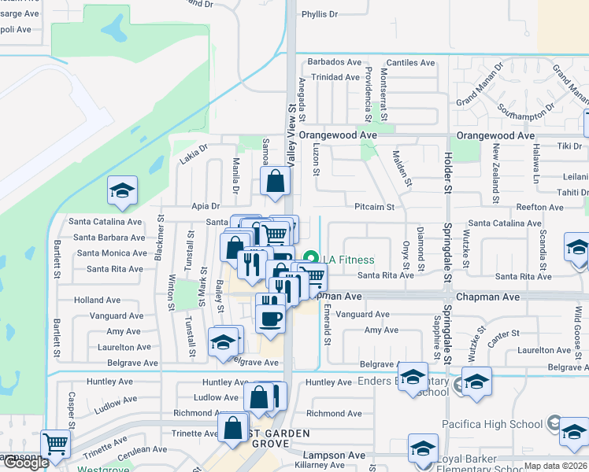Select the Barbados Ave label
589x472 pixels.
[x=334, y=62]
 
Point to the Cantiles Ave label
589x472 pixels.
[x=410, y=63]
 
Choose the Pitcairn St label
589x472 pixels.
[x=374, y=207]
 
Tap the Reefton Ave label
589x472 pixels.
[x=539, y=208]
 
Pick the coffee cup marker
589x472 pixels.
[x=271, y=319]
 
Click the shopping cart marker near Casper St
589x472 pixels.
[x=54, y=444]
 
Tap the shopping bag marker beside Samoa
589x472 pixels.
[x=275, y=182]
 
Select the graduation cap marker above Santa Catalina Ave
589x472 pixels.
[x=122, y=191]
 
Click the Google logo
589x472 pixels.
[x=25, y=463]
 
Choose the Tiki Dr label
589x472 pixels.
[x=569, y=146]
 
